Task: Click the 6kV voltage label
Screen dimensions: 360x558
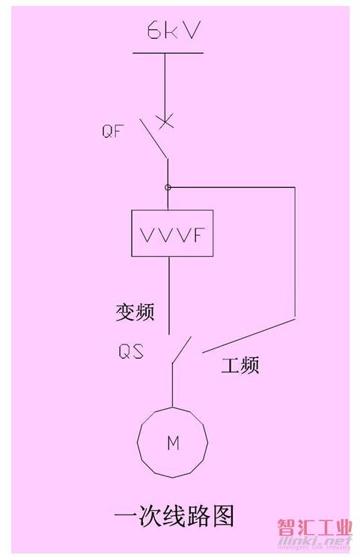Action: (x=173, y=30)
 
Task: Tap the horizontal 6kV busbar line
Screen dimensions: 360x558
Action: (x=168, y=53)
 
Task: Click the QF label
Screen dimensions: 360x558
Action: (x=112, y=131)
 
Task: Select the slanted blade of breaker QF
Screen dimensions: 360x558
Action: (x=153, y=138)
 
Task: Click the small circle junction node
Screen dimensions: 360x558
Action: (x=168, y=187)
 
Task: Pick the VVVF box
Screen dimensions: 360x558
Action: (x=172, y=233)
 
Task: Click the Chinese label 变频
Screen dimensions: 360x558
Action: (x=135, y=312)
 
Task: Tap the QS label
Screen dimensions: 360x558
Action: (x=130, y=351)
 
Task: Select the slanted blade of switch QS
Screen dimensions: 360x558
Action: (x=182, y=350)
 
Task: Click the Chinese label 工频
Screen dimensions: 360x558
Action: (x=240, y=365)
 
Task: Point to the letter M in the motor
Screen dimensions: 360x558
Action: (x=173, y=443)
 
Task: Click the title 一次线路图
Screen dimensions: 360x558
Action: (x=174, y=515)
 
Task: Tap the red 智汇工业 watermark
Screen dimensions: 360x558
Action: (x=315, y=527)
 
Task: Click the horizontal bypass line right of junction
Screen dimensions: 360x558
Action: (x=231, y=186)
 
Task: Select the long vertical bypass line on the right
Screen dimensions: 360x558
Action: (x=295, y=252)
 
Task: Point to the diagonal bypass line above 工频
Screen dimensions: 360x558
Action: (x=248, y=336)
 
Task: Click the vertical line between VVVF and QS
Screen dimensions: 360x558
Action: (x=169, y=295)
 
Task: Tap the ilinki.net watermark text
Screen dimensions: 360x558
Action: (x=314, y=542)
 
